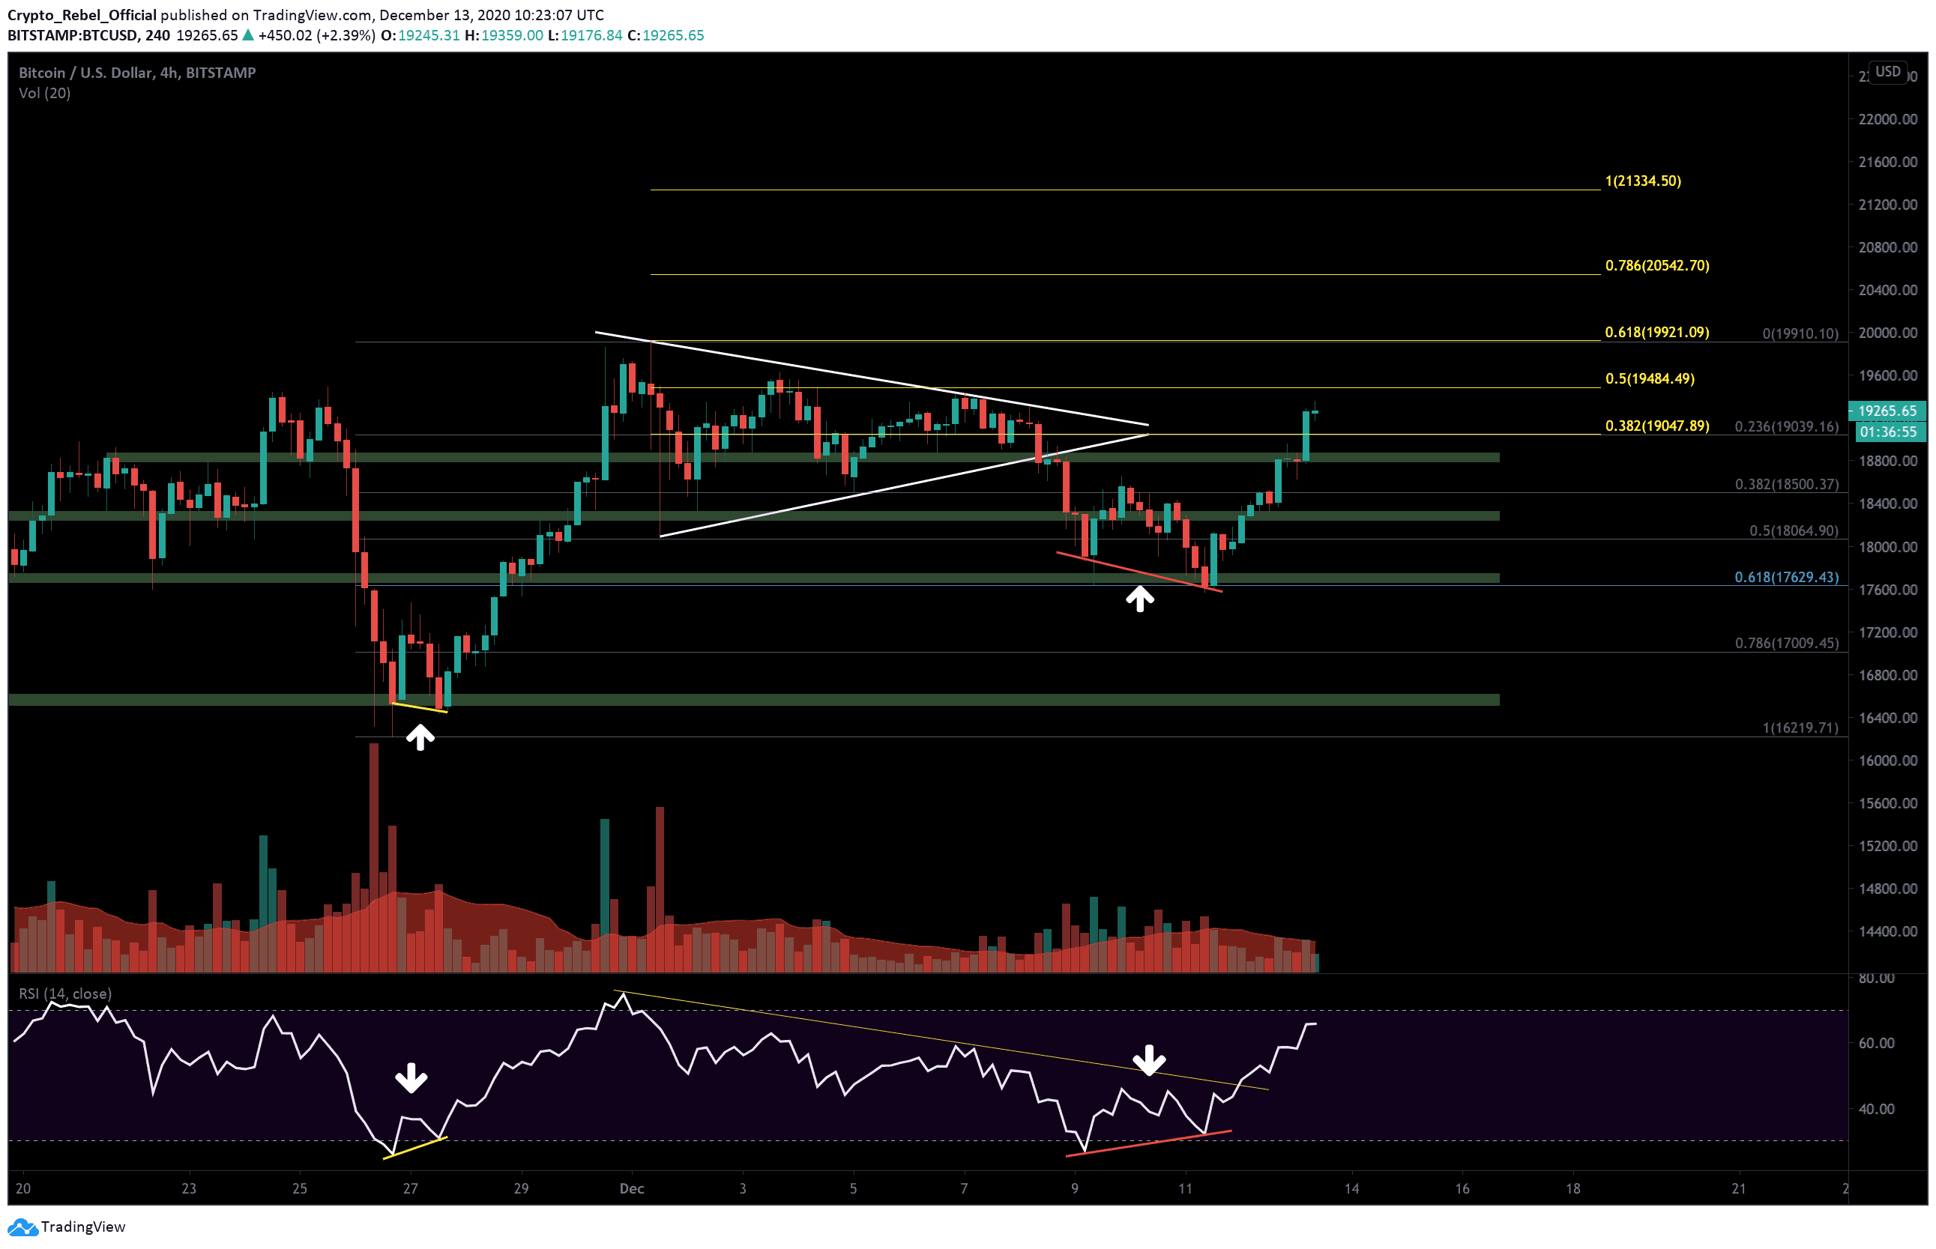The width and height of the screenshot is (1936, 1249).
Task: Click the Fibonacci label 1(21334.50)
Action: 1642,181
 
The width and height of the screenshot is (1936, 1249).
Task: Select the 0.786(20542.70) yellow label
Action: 1656,266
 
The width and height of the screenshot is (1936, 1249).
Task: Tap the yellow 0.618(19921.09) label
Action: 1656,333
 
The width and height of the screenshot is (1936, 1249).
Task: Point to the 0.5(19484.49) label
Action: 1649,379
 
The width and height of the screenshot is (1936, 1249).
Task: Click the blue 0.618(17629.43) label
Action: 1786,578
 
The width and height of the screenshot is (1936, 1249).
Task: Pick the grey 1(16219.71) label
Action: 1800,728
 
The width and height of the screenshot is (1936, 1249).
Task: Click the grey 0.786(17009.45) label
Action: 1786,643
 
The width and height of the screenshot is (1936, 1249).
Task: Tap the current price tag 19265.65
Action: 1887,411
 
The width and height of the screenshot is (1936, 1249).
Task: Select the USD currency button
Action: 1887,71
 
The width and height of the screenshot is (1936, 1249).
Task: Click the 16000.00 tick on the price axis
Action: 1887,760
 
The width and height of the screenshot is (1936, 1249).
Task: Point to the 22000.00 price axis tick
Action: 1887,119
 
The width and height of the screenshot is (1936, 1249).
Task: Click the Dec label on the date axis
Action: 631,1189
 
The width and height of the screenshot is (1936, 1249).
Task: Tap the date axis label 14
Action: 1351,1189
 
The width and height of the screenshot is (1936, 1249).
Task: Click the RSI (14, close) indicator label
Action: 65,994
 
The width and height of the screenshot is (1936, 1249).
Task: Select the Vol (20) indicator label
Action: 45,93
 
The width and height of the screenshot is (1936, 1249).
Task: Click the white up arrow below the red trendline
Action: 1139,599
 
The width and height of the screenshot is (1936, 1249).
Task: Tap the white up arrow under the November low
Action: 420,737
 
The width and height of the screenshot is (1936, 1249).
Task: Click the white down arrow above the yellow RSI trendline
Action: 1149,1059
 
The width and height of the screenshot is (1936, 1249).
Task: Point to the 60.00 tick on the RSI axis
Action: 1876,1043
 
